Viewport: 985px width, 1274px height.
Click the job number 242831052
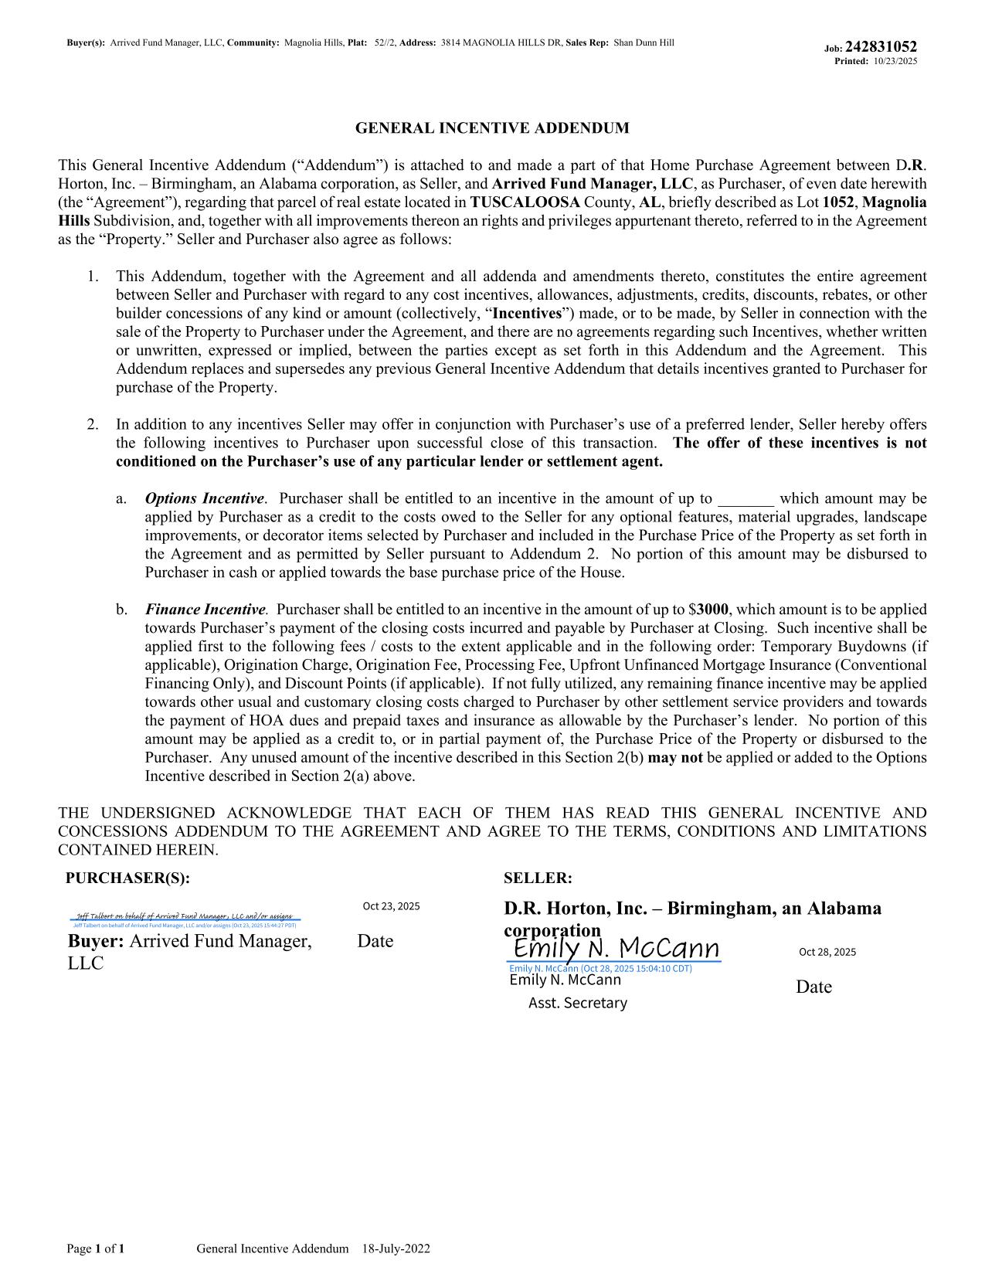coord(881,46)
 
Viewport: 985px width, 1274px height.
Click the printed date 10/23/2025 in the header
coord(895,61)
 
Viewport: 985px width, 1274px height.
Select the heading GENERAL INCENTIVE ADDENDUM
coord(492,128)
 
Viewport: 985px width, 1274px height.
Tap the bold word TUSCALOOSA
coord(525,202)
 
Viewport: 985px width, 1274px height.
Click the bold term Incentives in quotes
coord(527,314)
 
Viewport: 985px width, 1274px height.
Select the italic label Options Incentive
coord(205,499)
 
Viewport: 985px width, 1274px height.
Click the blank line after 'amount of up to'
coord(746,500)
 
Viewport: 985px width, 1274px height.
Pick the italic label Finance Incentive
coord(205,610)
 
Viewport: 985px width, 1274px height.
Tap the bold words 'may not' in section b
coord(674,758)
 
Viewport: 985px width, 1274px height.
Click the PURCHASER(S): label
coord(127,878)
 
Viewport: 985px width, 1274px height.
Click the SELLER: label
coord(538,878)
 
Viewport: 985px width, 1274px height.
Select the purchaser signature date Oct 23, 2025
coord(391,906)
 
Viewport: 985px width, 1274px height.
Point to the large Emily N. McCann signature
coord(616,949)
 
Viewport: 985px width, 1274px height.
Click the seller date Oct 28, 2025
coord(827,952)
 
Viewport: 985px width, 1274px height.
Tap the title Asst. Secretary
coord(577,1003)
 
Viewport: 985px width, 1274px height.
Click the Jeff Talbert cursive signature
coord(184,916)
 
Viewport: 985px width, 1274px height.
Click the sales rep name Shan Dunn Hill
coord(644,43)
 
